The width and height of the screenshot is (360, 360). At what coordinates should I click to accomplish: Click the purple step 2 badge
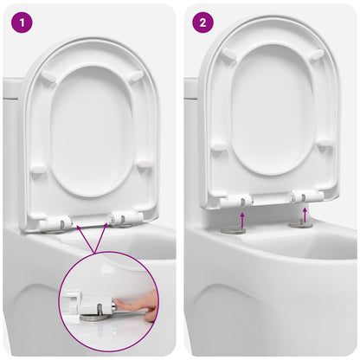coord(202,22)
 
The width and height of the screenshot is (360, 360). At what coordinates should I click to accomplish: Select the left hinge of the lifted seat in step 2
coord(235,201)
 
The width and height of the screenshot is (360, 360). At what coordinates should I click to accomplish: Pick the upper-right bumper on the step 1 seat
coord(136,74)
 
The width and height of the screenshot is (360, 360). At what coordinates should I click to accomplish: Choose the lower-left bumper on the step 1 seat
coord(38,171)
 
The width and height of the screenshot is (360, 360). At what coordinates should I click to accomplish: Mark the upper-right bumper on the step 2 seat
coord(317,55)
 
